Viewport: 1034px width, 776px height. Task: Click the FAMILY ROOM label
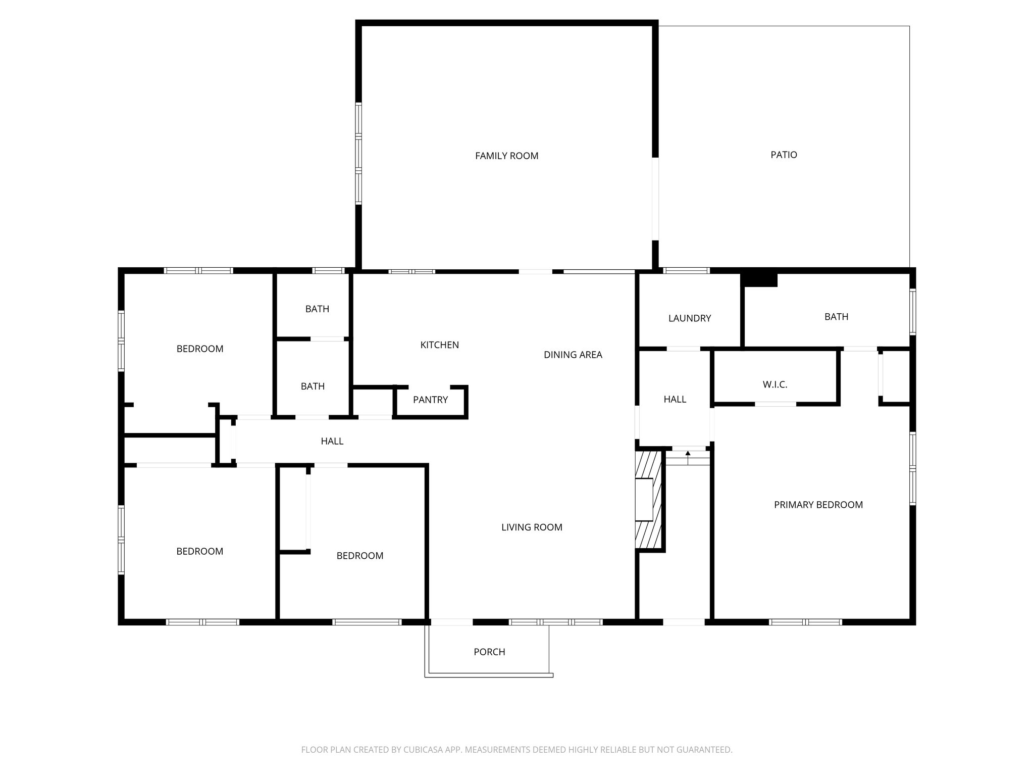click(506, 156)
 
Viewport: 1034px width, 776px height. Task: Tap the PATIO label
click(784, 155)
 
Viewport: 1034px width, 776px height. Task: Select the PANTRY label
click(430, 400)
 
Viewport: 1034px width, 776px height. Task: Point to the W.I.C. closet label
click(774, 385)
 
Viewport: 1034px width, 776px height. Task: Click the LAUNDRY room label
click(689, 318)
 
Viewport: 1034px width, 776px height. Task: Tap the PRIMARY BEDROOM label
click(818, 505)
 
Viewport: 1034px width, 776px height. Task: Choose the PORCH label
click(489, 652)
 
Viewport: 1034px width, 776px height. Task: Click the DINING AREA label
click(573, 355)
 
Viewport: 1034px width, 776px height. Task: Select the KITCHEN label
click(439, 345)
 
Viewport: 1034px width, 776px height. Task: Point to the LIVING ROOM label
click(531, 527)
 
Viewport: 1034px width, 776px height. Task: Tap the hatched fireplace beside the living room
click(648, 500)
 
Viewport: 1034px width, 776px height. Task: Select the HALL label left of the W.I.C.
click(675, 400)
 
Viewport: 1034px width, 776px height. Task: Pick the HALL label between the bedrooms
click(332, 442)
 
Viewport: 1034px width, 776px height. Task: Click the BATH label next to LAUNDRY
click(836, 317)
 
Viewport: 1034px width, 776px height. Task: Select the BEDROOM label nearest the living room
click(359, 556)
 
